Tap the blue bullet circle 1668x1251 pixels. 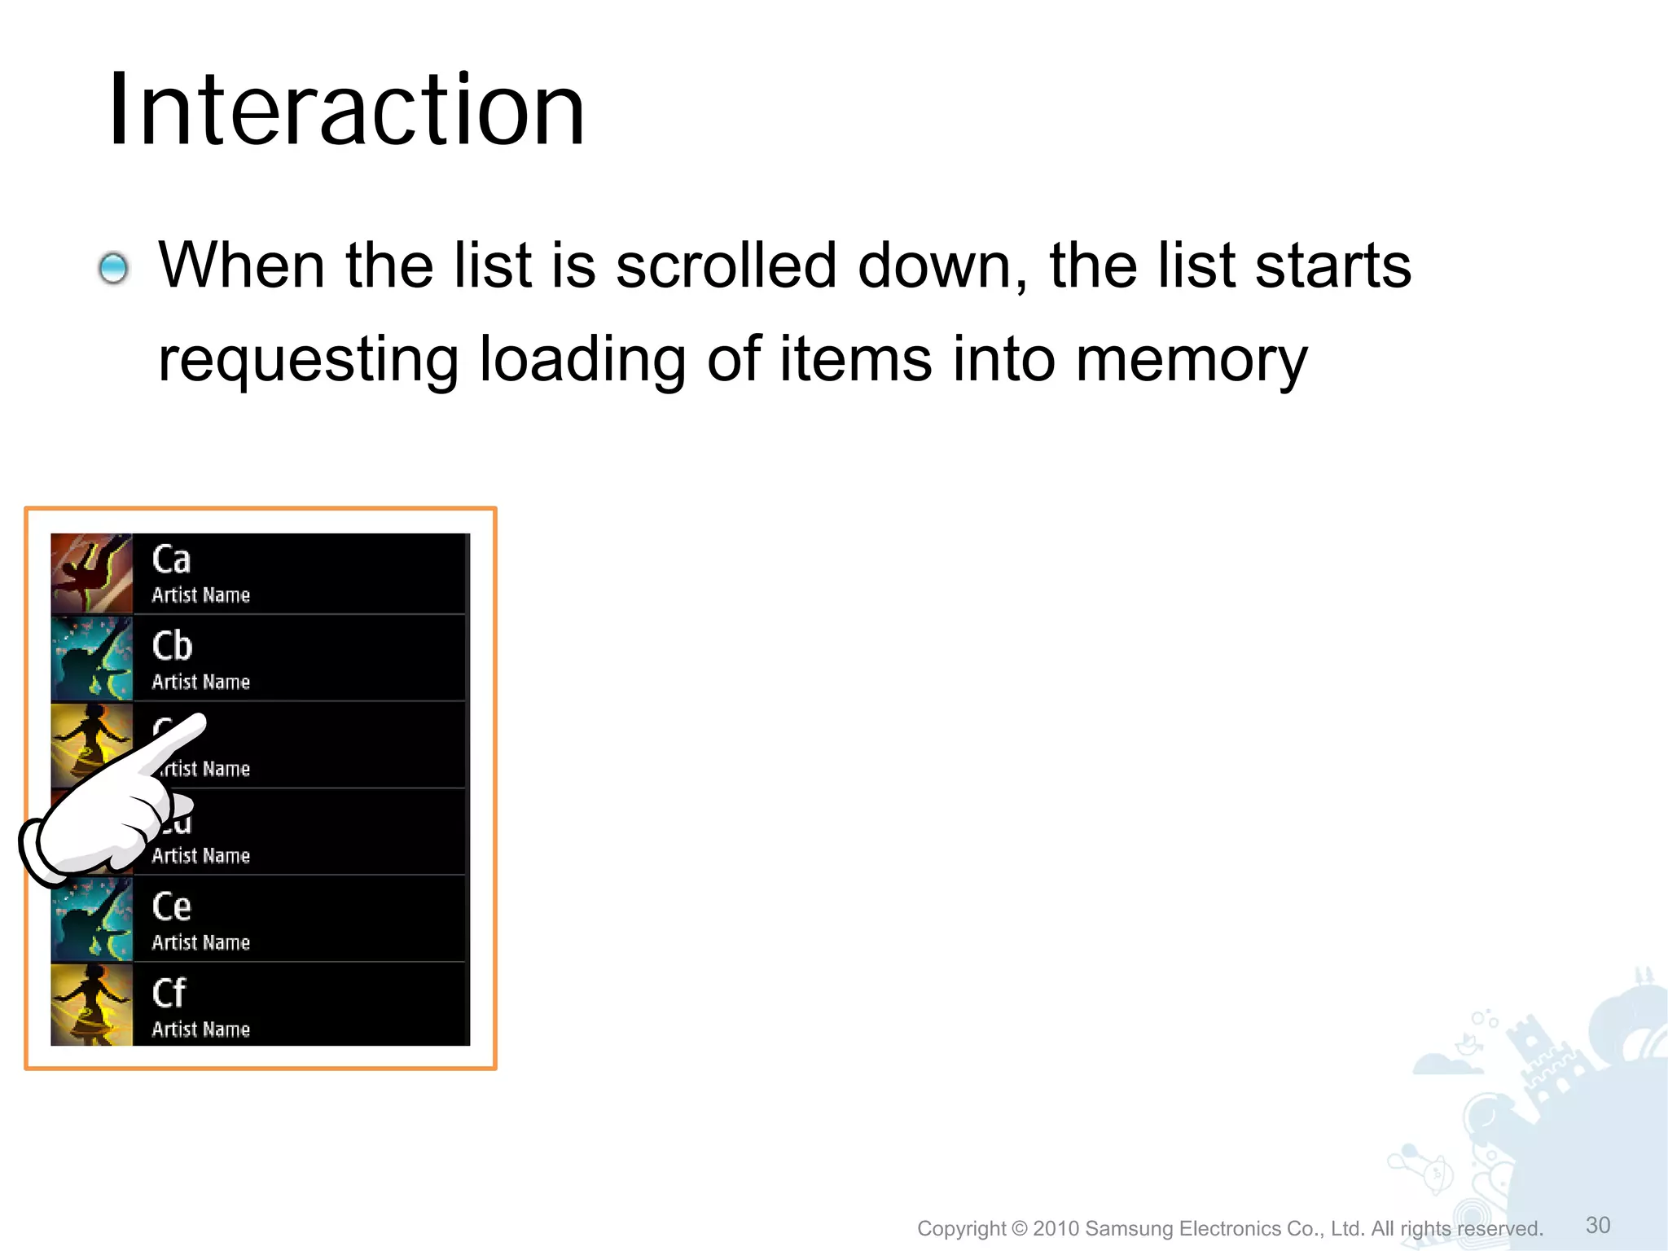113,268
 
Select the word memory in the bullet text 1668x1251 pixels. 1191,360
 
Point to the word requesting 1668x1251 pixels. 308,360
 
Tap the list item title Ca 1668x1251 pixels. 171,560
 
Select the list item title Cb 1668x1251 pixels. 172,647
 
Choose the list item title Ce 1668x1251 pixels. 171,906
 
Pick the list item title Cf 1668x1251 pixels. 169,994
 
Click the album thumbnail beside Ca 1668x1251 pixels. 91,573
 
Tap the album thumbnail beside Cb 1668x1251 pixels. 91,659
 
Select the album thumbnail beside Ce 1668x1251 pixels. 91,920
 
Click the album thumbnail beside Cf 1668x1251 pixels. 91,1005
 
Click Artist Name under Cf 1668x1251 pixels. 200,1029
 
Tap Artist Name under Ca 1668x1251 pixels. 200,595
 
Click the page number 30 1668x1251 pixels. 1598,1225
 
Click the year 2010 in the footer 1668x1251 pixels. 1056,1228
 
